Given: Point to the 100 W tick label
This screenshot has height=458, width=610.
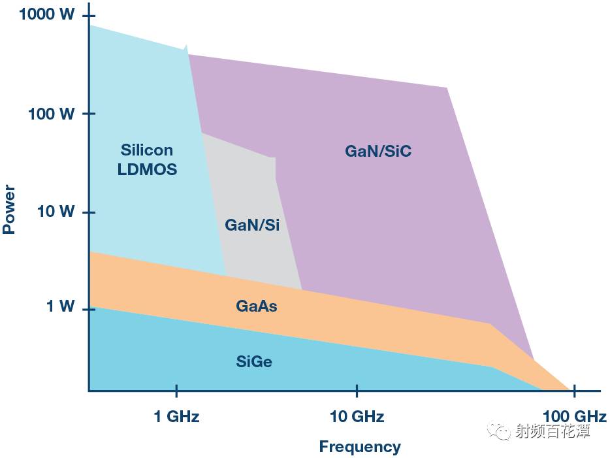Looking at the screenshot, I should pos(51,114).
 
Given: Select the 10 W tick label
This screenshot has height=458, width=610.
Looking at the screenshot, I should pos(55,212).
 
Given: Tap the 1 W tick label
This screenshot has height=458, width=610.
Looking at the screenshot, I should pos(59,306).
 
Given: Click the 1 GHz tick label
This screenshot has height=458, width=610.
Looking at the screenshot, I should pos(176,416).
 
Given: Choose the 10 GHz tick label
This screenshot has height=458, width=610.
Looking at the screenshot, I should pos(357,416).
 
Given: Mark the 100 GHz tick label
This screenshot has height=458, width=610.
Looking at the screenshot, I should pos(575,416).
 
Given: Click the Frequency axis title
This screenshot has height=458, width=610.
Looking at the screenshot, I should pos(359,447).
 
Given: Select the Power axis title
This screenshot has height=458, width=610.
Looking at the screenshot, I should pos(9,210).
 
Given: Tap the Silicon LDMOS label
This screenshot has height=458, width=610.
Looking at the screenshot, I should pos(147,160).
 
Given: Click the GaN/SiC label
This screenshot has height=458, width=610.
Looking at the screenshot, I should pos(378,152).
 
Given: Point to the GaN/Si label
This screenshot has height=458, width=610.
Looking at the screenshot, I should pos(252,225).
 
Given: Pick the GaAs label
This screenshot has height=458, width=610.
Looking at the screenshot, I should pos(256,305).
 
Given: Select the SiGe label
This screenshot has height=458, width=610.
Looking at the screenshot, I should pos(253,361).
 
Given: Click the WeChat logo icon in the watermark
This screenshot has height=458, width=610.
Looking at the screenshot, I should pos(502,431).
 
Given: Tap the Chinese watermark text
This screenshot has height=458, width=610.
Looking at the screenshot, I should pos(552,431).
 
